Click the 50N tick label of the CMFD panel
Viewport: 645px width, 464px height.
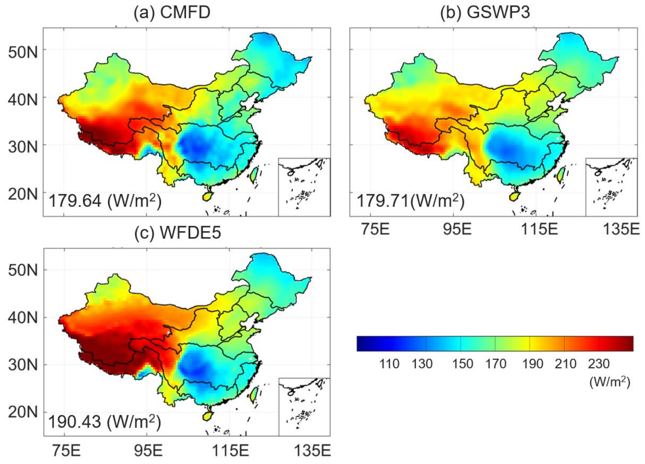[23, 52]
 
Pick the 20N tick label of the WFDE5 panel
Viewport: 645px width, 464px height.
[23, 412]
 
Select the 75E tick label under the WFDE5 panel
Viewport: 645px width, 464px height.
[66, 451]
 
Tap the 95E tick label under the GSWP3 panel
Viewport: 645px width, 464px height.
[457, 229]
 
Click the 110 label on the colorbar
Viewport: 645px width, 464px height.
[389, 364]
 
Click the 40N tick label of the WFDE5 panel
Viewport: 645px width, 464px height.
[23, 317]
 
